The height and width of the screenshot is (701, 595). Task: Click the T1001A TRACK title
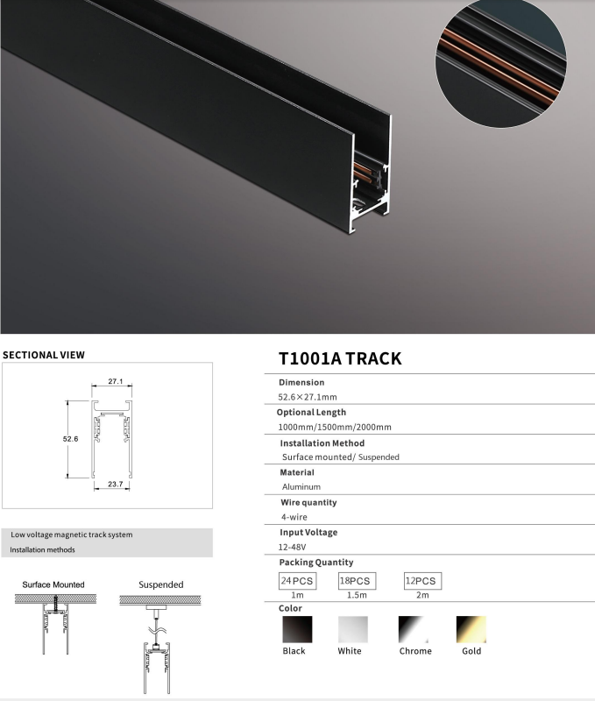click(340, 358)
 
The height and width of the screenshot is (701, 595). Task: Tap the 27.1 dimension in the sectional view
click(116, 381)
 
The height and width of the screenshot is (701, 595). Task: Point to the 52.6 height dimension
click(70, 439)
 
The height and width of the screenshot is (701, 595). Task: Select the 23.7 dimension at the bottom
click(116, 485)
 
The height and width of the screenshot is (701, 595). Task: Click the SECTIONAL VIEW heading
click(44, 355)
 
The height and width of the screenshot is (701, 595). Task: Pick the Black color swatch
click(297, 629)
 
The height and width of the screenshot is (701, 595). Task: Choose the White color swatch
click(353, 629)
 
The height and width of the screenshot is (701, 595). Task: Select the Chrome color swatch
click(414, 629)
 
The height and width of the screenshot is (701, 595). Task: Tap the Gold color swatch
click(471, 629)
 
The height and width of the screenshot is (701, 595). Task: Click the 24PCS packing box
click(297, 581)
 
